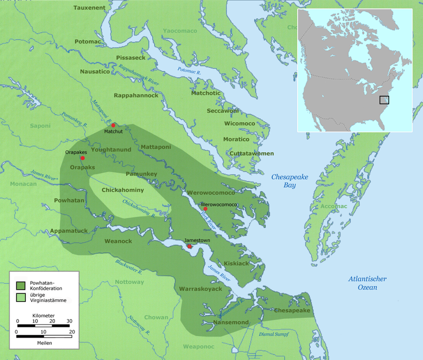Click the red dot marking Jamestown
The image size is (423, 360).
(x=189, y=246)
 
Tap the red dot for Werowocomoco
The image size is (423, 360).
(x=205, y=209)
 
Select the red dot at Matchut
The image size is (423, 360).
(x=113, y=125)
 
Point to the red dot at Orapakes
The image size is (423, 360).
(x=82, y=158)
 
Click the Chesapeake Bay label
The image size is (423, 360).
(x=289, y=181)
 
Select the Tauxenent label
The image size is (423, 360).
(x=90, y=8)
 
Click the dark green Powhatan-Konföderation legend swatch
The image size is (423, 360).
(x=21, y=285)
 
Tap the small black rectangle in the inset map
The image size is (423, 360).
(x=384, y=99)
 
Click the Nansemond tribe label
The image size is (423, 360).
(x=232, y=322)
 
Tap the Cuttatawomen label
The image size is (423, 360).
(x=251, y=153)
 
